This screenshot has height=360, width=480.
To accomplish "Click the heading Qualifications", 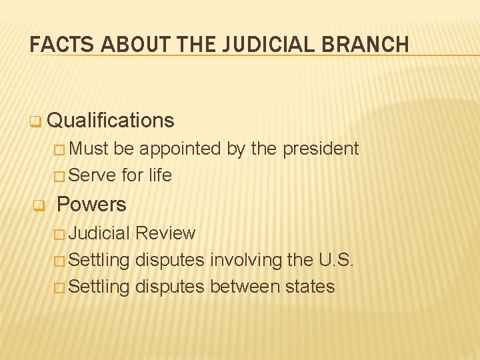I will point(111,121).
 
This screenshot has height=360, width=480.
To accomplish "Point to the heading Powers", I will point(91,204).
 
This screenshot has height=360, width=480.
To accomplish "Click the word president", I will point(321,149).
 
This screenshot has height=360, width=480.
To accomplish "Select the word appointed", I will point(181,149).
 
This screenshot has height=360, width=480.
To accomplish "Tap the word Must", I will point(89,149).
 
